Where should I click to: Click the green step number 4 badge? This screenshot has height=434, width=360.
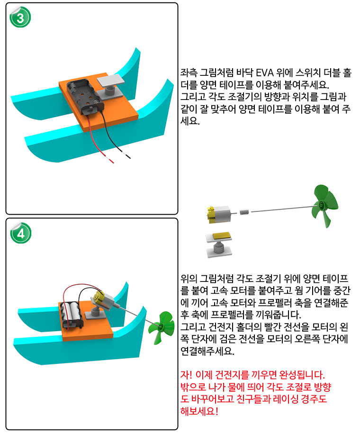point(20,233)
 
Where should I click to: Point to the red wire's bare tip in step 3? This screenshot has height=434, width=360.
point(111,161)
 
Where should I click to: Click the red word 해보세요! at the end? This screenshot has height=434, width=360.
point(199,411)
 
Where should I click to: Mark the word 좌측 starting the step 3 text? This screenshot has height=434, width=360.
point(189,73)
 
